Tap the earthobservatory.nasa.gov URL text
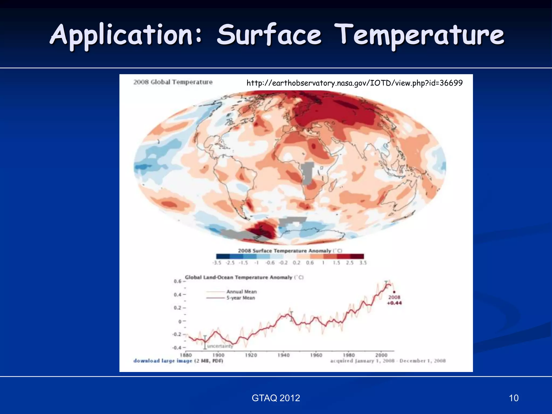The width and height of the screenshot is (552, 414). [x=354, y=83]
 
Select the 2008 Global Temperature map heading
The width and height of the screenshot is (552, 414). [x=173, y=82]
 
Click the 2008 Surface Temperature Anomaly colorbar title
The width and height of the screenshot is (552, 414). [x=290, y=251]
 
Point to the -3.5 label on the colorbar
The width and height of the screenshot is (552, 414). [x=217, y=263]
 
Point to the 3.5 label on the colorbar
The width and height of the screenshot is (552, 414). [x=363, y=263]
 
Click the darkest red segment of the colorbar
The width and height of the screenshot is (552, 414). [x=357, y=256]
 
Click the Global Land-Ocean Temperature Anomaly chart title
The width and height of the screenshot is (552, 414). [x=244, y=277]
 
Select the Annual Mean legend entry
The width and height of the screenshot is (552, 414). [x=241, y=292]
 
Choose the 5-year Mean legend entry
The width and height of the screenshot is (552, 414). [x=240, y=298]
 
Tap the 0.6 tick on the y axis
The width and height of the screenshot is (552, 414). [x=178, y=281]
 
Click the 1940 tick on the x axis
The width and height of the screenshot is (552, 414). [x=283, y=355]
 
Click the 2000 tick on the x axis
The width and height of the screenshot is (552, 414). [x=381, y=355]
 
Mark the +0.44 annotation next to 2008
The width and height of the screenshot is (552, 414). [x=394, y=303]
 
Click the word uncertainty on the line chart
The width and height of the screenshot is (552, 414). [x=220, y=346]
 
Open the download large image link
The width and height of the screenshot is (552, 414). [x=163, y=361]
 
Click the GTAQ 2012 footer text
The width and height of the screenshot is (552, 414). [x=276, y=398]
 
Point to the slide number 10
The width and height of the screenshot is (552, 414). [x=513, y=398]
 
